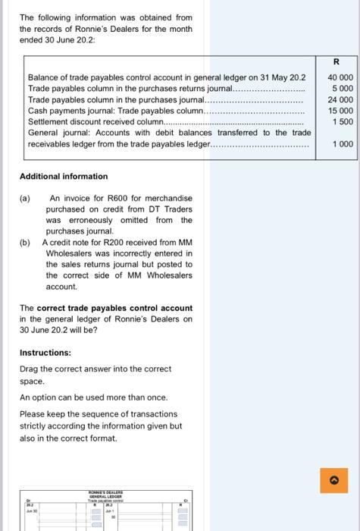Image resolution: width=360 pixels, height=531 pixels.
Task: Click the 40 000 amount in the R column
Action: click(340, 77)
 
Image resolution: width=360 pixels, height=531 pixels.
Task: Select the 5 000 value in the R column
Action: click(343, 89)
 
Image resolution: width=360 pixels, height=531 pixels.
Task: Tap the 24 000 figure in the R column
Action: click(340, 99)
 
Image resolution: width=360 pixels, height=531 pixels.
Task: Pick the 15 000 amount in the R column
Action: click(340, 111)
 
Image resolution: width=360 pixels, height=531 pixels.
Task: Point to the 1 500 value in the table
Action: click(343, 121)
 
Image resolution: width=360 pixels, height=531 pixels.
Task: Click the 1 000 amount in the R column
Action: click(343, 143)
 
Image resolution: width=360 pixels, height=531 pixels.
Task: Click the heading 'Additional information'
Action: click(64, 176)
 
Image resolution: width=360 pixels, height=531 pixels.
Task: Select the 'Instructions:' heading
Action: click(45, 353)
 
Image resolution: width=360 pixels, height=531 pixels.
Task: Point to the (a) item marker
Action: click(25, 198)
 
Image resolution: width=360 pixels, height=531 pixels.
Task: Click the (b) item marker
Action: click(25, 243)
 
